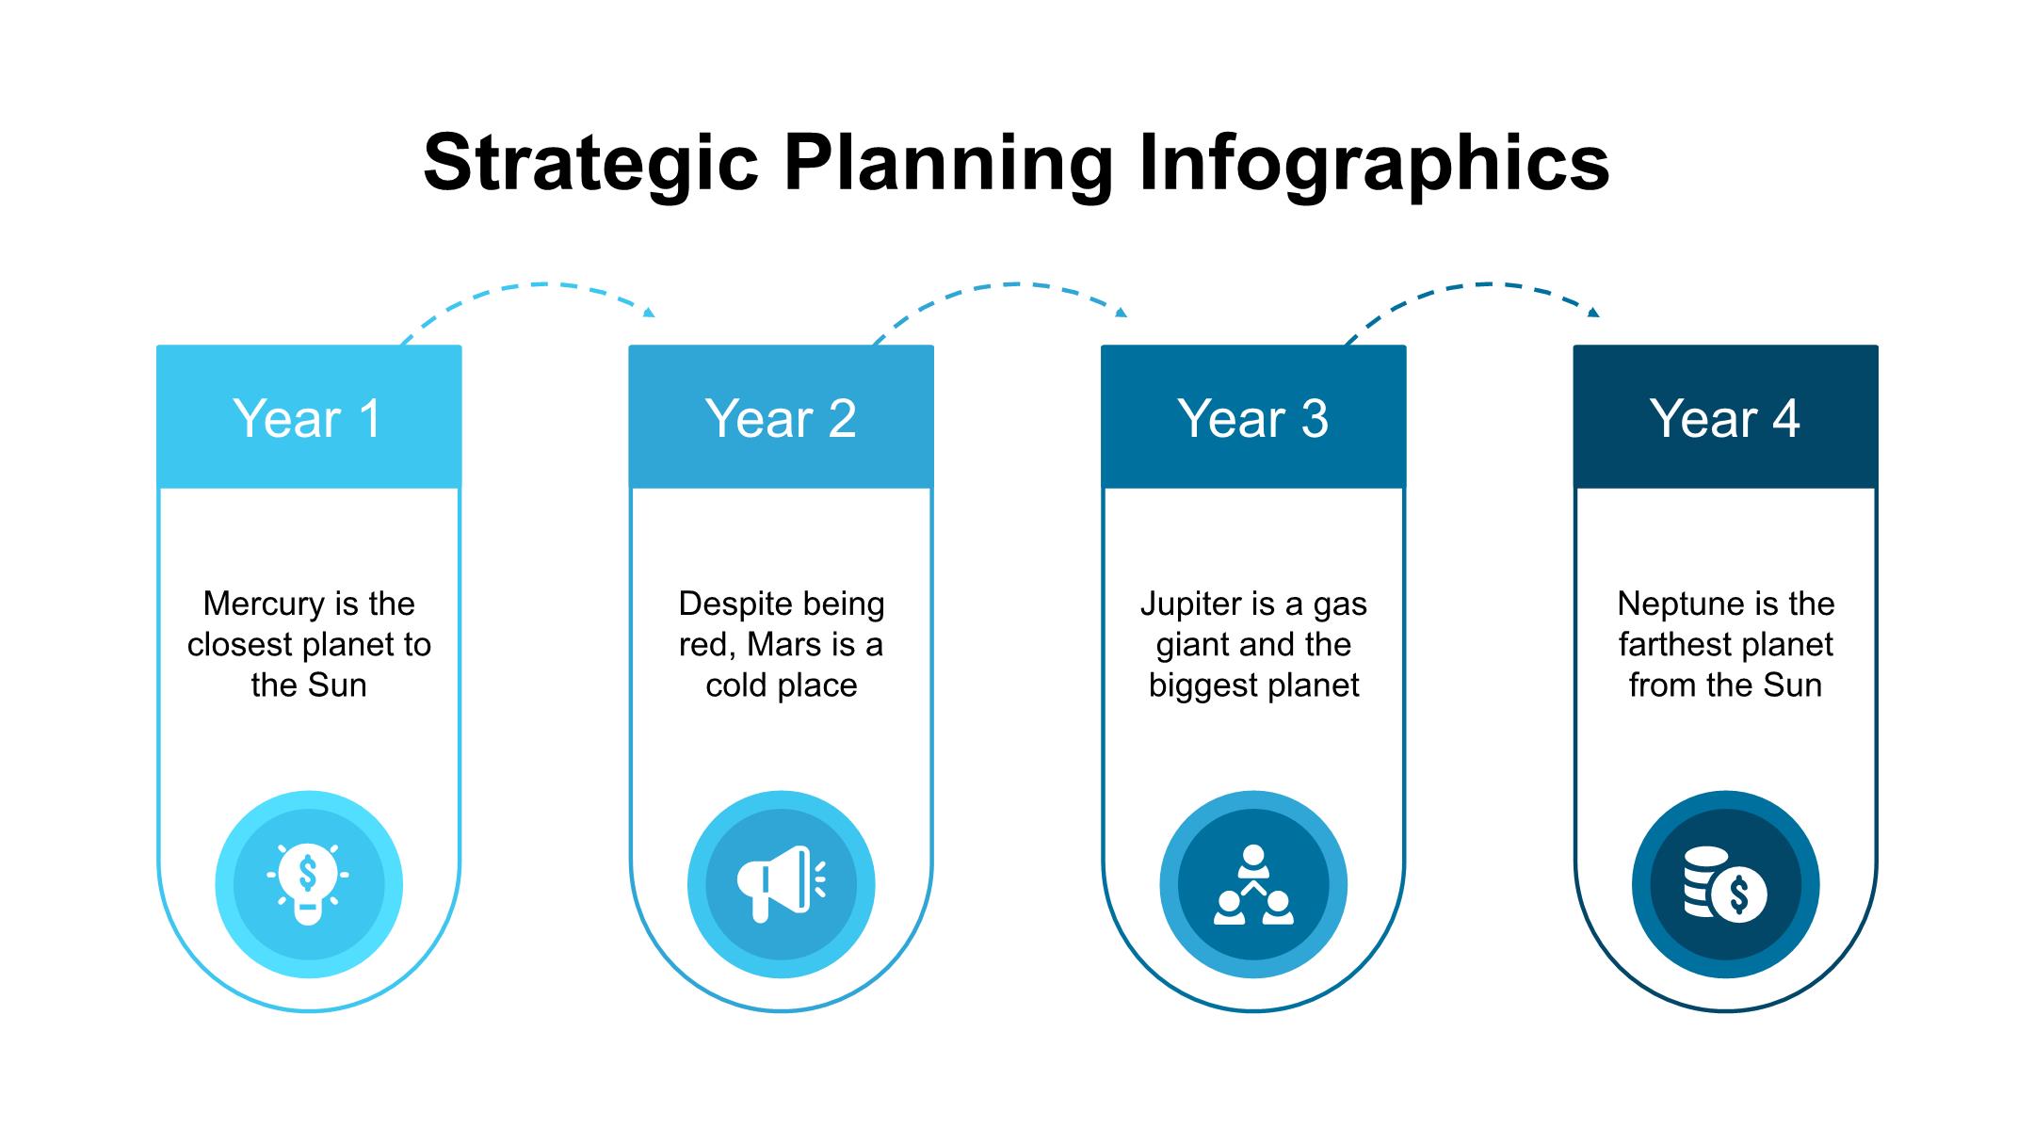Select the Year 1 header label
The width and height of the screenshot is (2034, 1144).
[x=308, y=418]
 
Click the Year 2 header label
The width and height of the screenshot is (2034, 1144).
[x=781, y=418]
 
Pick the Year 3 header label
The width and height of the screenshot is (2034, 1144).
[x=1253, y=418]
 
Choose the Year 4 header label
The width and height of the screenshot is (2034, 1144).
[x=1725, y=418]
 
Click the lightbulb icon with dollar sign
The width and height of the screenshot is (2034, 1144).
[x=308, y=884]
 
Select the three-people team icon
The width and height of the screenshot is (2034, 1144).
[x=1253, y=884]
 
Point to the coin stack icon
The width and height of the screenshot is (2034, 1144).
[x=1725, y=884]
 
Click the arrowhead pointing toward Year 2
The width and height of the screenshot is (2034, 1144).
[x=649, y=313]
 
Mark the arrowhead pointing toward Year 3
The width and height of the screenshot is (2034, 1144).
[x=1122, y=313]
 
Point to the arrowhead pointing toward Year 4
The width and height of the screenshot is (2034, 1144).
[x=1593, y=313]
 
